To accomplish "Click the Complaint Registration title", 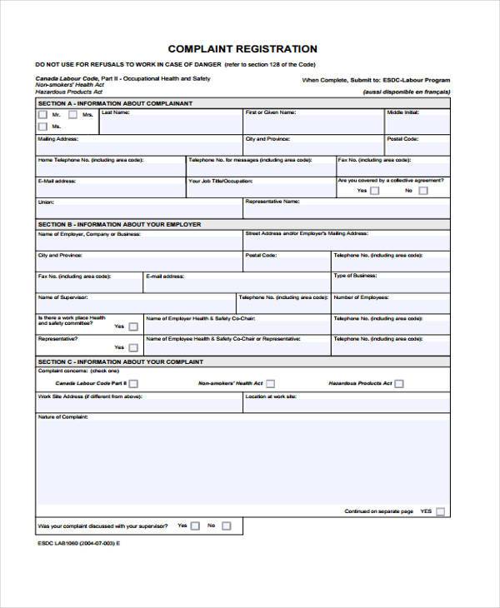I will (242, 49).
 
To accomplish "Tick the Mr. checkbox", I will (42, 114).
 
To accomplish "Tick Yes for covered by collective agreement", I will (374, 191).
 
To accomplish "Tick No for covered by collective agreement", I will (422, 191).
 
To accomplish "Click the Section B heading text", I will (119, 224).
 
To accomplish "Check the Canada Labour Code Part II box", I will (133, 383).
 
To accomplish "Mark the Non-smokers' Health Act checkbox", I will (271, 383).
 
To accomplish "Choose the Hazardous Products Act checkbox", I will (399, 383).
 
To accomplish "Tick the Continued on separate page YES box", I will (440, 511).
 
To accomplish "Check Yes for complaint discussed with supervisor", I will (194, 526).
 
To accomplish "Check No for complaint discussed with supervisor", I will (224, 526).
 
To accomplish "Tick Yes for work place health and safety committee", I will (132, 326).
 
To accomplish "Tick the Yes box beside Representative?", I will (132, 347).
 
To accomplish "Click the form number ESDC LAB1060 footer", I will (78, 543).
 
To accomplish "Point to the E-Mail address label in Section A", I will (57, 180).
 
